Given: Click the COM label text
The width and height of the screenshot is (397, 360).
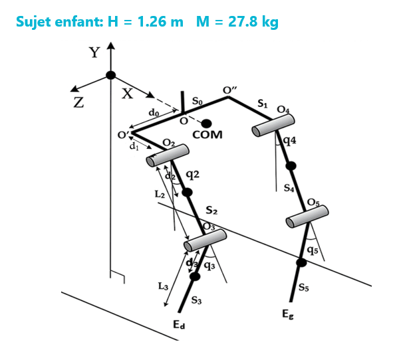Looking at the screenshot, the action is [x=207, y=135].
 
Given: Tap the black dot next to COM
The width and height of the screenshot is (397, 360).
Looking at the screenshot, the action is [x=207, y=124].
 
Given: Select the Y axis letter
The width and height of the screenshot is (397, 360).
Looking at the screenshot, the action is [x=94, y=52].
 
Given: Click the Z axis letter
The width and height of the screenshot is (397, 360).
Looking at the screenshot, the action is [x=78, y=103].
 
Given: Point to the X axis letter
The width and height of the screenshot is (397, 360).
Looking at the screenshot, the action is [x=127, y=94].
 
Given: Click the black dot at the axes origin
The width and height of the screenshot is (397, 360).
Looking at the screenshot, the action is [x=110, y=75].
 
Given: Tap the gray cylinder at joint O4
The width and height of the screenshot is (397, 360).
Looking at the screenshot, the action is [x=273, y=125].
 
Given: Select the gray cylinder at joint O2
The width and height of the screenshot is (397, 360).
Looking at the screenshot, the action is [x=168, y=155].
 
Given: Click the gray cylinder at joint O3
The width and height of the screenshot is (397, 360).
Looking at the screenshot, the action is [x=205, y=240].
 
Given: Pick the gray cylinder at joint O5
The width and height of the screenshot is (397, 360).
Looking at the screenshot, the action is [x=307, y=217].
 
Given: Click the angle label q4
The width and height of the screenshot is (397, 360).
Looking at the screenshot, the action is [x=290, y=141].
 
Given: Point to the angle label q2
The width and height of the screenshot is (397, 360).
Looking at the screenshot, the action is [x=192, y=175].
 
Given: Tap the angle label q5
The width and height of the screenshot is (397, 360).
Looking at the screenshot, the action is [x=313, y=250].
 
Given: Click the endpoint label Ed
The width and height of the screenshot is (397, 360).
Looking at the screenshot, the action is [x=179, y=325].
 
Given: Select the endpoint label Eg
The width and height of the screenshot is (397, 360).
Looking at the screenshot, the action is [x=288, y=314].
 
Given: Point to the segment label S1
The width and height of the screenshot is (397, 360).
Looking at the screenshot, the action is [x=263, y=104].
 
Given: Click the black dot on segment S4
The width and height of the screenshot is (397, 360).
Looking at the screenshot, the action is [x=291, y=166].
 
